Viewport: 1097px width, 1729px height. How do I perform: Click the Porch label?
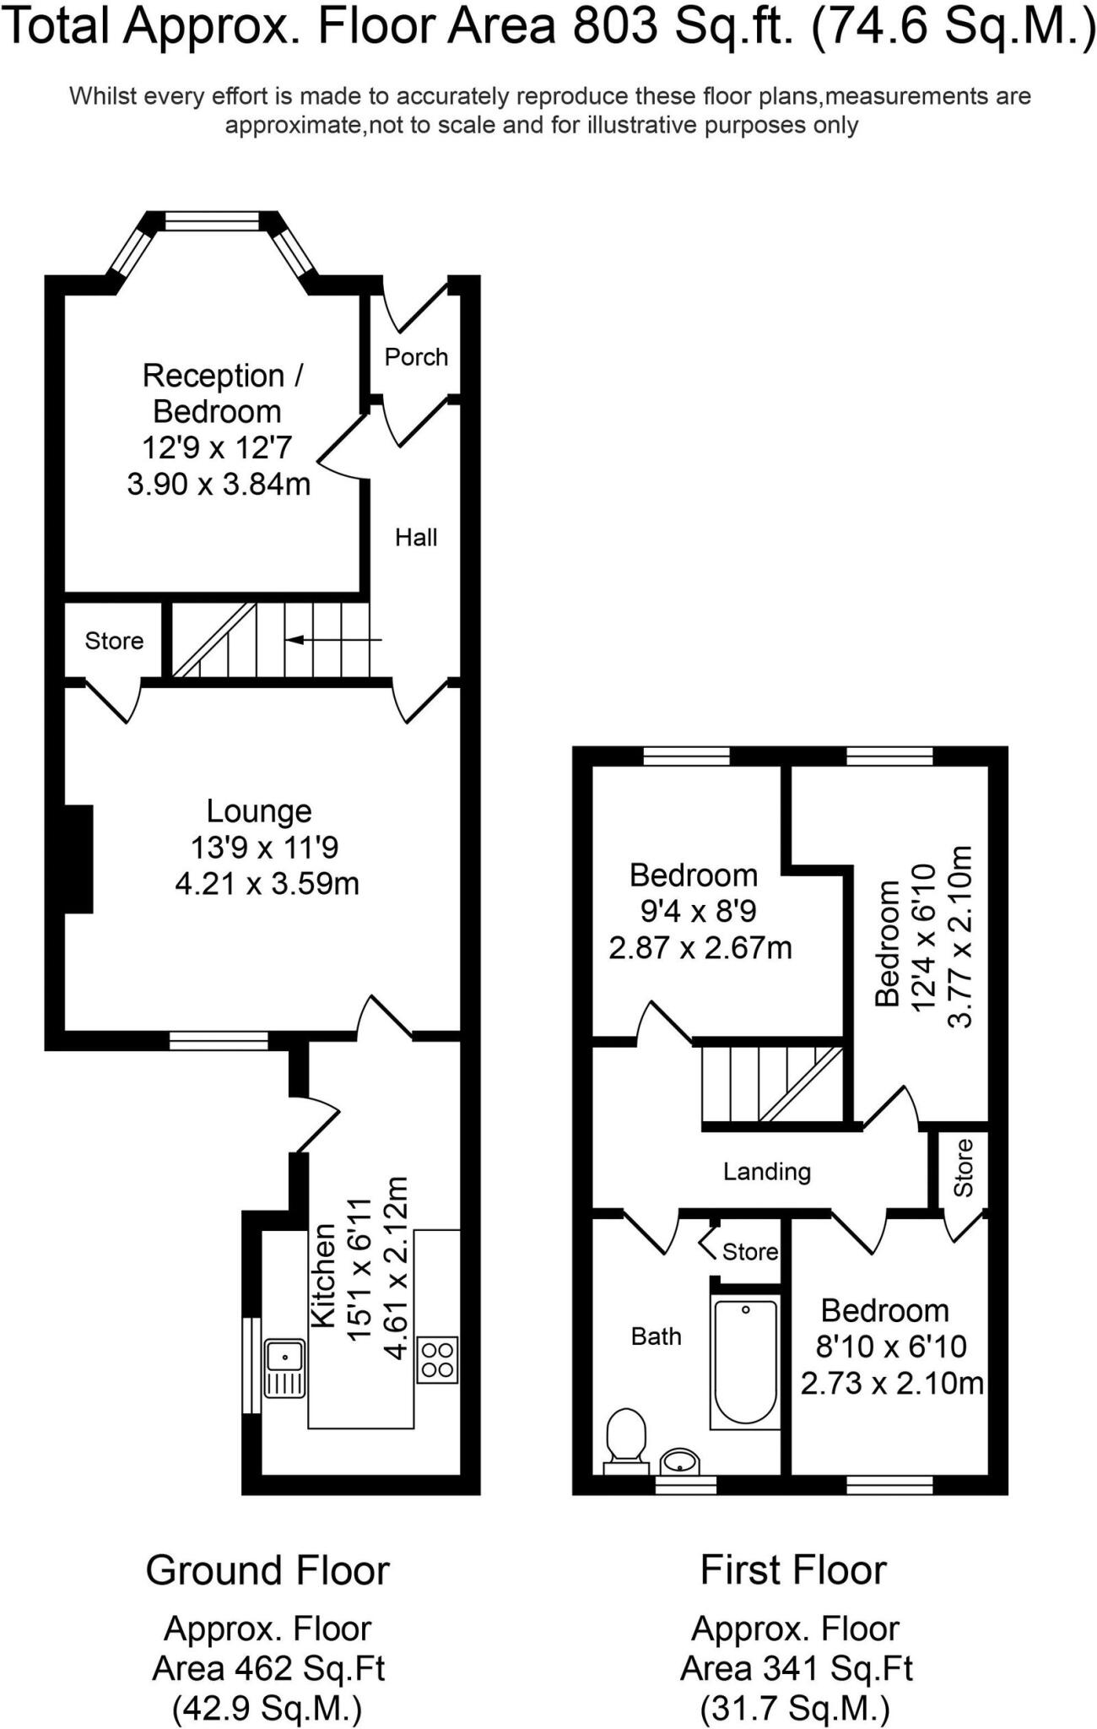pos(416,357)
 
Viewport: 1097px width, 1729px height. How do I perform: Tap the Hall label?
pos(416,538)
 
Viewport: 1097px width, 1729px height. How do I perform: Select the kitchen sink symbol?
pos(285,1368)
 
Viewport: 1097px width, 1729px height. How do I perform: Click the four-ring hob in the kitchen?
pos(437,1360)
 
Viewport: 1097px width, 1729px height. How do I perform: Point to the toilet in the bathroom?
pos(626,1436)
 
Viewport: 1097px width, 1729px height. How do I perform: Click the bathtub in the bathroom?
pos(744,1363)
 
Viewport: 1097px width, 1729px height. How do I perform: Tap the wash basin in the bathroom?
pos(679,1460)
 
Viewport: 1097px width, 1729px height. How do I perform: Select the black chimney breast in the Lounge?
pos(79,859)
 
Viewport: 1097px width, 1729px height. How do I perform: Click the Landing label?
pos(766,1171)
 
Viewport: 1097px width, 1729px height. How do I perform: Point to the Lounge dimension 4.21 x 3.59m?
pos(267,884)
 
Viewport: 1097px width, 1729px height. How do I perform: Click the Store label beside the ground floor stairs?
pos(114,641)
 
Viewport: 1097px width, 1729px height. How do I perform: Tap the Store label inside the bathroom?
pos(749,1251)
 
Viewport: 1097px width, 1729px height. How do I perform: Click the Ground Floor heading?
pos(267,1571)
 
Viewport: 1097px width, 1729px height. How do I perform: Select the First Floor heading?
pos(793,1571)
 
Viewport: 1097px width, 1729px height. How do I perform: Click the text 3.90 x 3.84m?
pos(219,485)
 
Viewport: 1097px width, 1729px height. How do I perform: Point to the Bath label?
pos(656,1336)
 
